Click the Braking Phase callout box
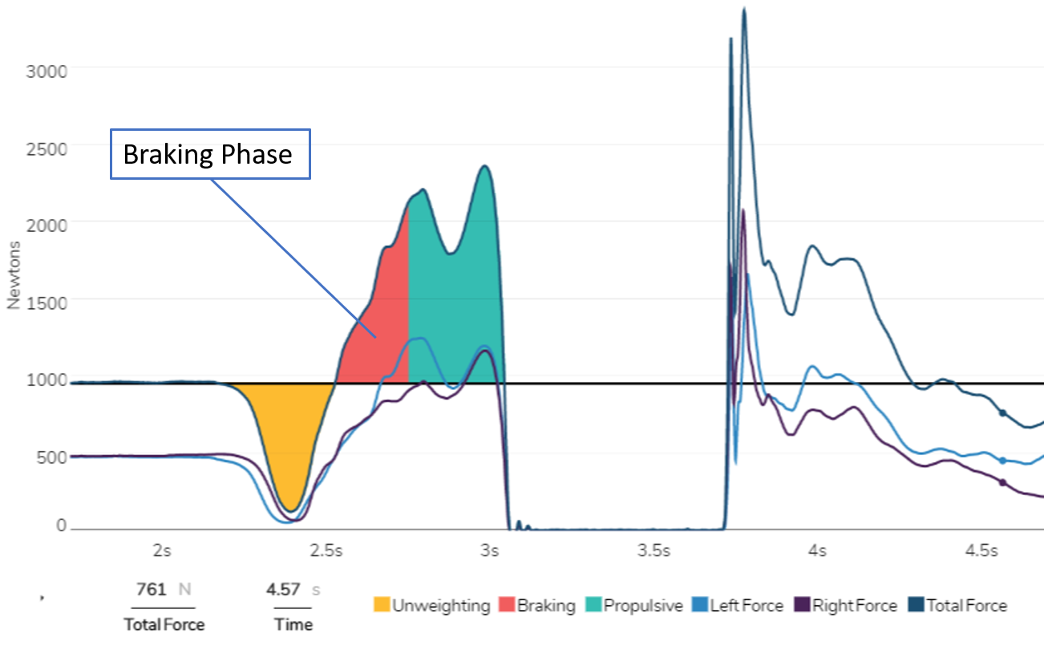coord(208,153)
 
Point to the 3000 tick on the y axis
coord(47,70)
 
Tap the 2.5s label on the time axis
coord(326,551)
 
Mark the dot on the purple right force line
coord(1002,482)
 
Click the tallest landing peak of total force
coord(744,10)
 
